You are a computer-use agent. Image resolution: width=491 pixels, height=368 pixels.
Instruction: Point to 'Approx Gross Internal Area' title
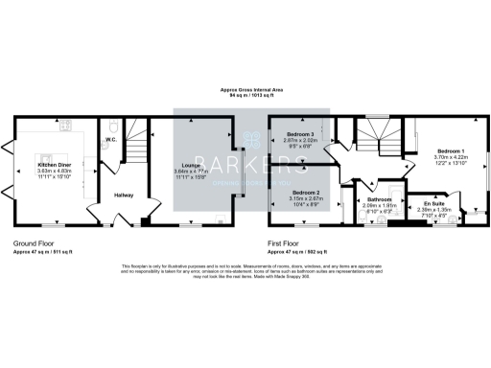tap(245, 91)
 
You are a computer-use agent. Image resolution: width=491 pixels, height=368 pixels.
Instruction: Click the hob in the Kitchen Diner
tap(65, 124)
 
